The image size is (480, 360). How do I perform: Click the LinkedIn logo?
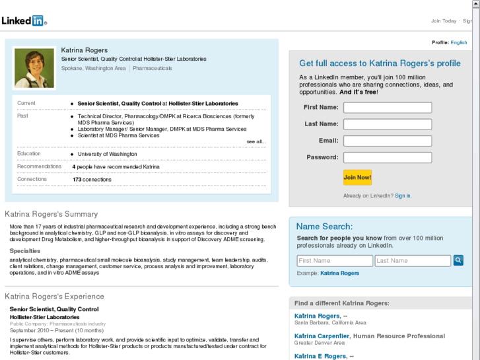pos(24,20)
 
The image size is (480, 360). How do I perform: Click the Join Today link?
pos(444,21)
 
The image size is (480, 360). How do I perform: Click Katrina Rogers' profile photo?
pos(34,68)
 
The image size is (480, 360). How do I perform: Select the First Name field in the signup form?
pos(388,108)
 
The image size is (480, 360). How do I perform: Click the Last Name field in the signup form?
pos(388,124)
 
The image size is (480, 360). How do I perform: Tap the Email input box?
pos(388,141)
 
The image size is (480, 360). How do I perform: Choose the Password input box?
pos(388,158)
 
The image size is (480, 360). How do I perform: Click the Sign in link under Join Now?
pos(403,196)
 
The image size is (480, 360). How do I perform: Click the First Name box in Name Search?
pos(335,261)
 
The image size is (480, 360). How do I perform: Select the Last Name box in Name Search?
pos(413,261)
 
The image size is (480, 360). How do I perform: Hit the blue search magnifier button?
pos(458,260)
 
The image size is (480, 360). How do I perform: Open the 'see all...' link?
pos(256,141)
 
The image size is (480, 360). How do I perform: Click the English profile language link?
pos(459,42)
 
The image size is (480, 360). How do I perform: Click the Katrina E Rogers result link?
pos(320,356)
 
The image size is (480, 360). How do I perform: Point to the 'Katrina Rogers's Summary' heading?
pos(51,214)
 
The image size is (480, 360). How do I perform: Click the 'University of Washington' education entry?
pos(108,154)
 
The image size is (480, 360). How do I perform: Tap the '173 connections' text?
pos(92,180)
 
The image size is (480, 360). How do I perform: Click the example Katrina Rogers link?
pos(339,273)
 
